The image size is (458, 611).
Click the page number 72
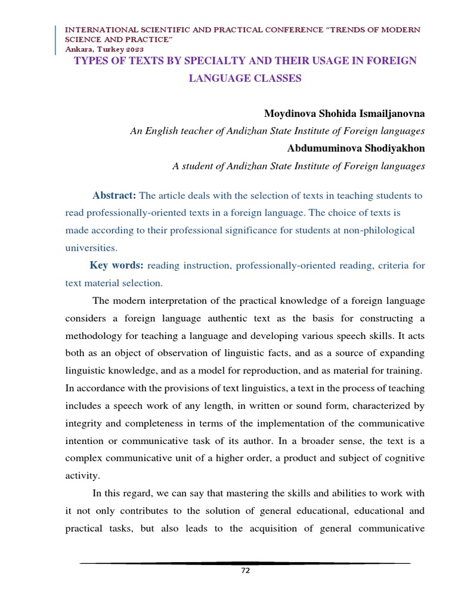point(245,570)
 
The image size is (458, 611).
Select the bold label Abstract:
point(114,196)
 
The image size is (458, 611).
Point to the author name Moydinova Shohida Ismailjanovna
point(344,113)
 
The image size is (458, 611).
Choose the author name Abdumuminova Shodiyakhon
point(355,149)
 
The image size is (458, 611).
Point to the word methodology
point(95,336)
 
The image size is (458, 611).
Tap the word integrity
point(85,424)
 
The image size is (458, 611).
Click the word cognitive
point(403,458)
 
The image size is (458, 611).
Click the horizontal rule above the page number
point(245,563)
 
